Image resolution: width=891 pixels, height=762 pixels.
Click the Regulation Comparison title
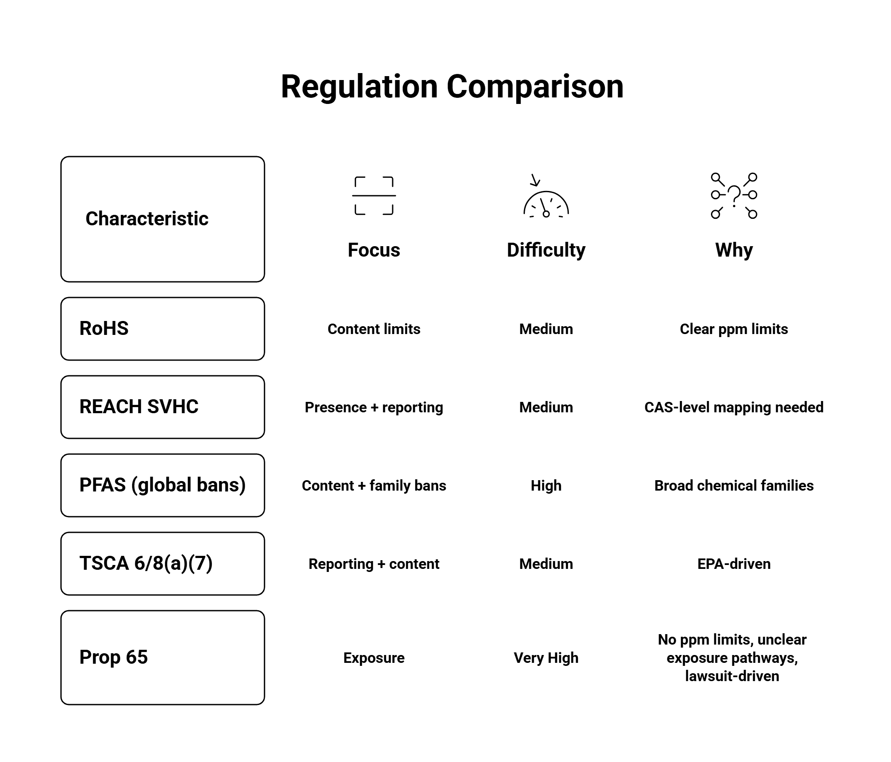(x=452, y=87)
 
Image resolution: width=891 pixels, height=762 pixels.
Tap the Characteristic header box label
(x=147, y=219)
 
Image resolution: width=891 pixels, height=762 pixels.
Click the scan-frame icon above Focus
(x=374, y=196)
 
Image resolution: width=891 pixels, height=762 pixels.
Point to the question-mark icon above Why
(x=734, y=196)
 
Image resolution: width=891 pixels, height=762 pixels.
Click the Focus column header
(x=374, y=250)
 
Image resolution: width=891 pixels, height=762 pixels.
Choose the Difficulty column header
(x=546, y=250)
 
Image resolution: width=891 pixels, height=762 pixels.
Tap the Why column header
(x=734, y=250)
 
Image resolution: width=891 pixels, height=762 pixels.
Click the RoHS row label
(x=104, y=328)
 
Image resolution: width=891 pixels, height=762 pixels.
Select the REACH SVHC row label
(x=139, y=407)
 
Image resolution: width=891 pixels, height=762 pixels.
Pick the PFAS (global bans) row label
(x=162, y=485)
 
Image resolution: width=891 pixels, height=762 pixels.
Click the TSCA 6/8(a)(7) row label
(x=146, y=563)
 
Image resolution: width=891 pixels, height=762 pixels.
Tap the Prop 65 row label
(x=113, y=657)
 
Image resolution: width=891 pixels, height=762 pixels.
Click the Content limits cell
(x=374, y=329)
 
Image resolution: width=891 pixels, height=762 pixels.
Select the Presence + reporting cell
(x=374, y=408)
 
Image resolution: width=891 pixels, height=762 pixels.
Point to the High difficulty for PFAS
(x=546, y=486)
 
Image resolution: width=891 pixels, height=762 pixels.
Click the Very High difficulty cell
(x=546, y=658)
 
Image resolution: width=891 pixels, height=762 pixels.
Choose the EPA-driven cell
(x=734, y=564)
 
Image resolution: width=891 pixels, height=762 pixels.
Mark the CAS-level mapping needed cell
(x=734, y=408)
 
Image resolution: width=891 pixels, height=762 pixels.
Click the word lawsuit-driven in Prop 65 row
(x=732, y=676)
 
